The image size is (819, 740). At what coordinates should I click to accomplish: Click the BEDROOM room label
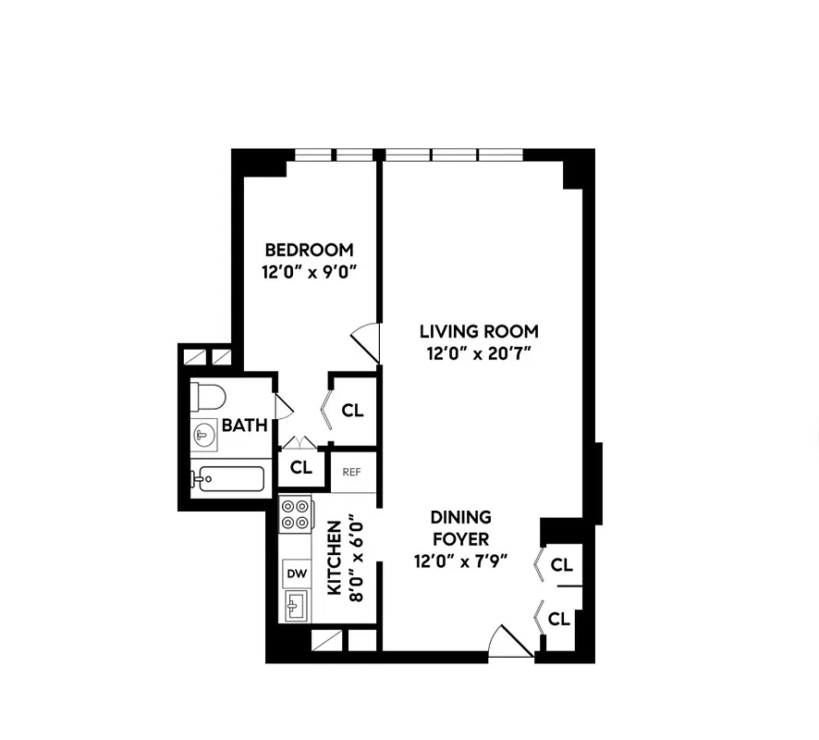tap(309, 250)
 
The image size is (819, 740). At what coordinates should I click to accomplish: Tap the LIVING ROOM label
tap(479, 331)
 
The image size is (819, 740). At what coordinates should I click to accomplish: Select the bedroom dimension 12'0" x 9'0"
tap(309, 272)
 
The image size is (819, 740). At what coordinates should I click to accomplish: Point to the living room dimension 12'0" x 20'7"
tap(479, 353)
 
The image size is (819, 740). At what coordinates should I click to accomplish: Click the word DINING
tap(460, 517)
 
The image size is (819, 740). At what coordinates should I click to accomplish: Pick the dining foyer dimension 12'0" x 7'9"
tap(460, 561)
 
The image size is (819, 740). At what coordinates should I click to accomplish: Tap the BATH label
tap(244, 425)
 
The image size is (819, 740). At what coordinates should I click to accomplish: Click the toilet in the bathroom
tap(209, 398)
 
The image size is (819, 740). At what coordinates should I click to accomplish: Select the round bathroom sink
tap(204, 434)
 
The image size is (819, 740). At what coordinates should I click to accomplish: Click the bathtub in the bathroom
tap(227, 479)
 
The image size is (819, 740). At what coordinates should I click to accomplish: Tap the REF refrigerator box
tap(351, 472)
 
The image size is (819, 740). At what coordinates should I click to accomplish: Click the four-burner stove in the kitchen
tap(295, 514)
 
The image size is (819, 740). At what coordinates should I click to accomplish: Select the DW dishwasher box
tap(296, 573)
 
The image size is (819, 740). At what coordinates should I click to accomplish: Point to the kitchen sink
tap(296, 607)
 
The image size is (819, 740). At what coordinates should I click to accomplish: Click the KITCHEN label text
tap(334, 558)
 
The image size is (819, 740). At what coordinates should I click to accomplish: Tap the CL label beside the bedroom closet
tap(352, 411)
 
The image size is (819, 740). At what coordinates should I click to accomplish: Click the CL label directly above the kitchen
tap(300, 468)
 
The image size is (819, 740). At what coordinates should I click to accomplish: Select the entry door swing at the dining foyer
tap(509, 642)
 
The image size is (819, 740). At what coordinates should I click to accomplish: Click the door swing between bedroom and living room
tap(367, 340)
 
